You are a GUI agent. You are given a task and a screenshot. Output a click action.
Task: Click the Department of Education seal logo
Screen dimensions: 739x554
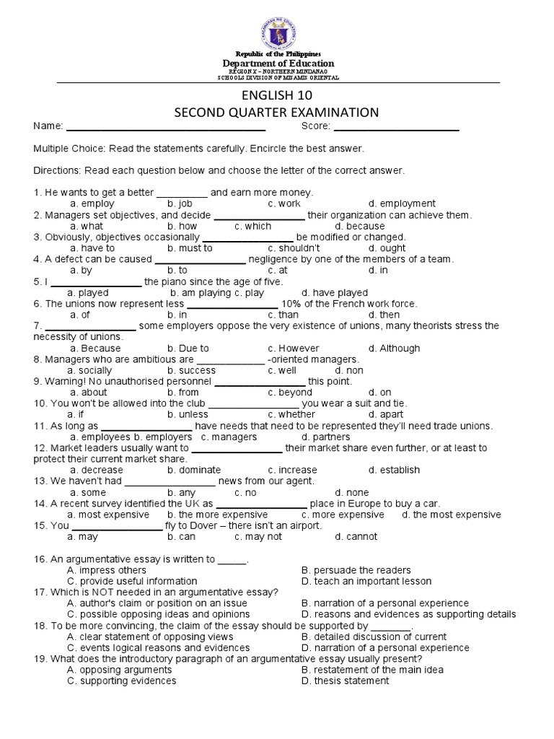[x=277, y=29]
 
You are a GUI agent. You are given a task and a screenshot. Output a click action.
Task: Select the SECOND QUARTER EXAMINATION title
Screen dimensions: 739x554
[x=277, y=112]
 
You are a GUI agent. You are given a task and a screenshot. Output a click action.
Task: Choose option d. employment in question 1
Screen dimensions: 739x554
[x=402, y=204]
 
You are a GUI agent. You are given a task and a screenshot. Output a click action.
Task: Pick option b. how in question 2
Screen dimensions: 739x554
[x=183, y=226]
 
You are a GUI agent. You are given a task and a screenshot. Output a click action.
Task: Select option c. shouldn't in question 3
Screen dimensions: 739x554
[x=289, y=248]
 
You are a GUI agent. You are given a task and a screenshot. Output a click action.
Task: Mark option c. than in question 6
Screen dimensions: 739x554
[x=283, y=315]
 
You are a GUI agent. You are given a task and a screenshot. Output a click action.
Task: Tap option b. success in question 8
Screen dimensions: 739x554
[x=191, y=370]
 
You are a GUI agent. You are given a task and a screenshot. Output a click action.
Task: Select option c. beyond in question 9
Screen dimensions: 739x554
[x=290, y=393]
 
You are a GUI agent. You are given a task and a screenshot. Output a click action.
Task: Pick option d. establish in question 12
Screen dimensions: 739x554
[x=394, y=470]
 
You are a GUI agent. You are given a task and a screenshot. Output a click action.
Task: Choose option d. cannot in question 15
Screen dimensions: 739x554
[x=356, y=536]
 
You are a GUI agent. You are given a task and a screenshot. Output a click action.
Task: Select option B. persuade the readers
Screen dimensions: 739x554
[x=356, y=570]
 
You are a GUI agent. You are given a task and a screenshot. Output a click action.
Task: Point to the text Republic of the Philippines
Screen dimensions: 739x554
[x=277, y=55]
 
